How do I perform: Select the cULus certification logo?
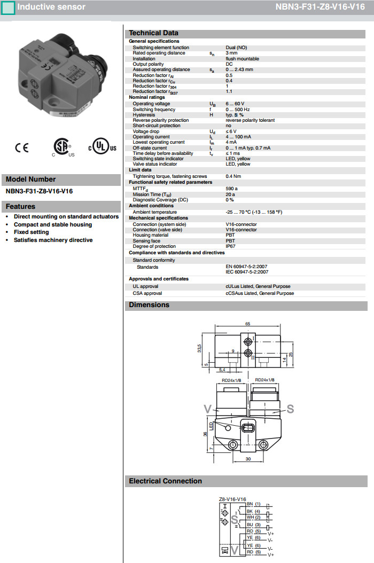click(x=102, y=147)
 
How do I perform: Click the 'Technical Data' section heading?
click(x=153, y=33)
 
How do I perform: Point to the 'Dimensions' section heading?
click(x=149, y=305)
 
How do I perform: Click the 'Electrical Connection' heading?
click(x=165, y=481)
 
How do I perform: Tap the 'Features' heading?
click(x=20, y=207)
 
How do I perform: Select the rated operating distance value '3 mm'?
click(x=231, y=53)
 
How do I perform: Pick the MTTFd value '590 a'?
click(x=231, y=189)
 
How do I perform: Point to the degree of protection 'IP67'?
click(x=231, y=246)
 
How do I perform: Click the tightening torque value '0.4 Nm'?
click(x=233, y=176)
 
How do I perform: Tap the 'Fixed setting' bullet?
click(x=31, y=232)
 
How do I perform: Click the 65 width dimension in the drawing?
click(x=248, y=324)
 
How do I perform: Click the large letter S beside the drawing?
click(x=290, y=409)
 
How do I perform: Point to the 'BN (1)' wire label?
click(x=253, y=504)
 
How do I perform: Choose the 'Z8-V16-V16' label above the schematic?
click(x=232, y=499)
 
